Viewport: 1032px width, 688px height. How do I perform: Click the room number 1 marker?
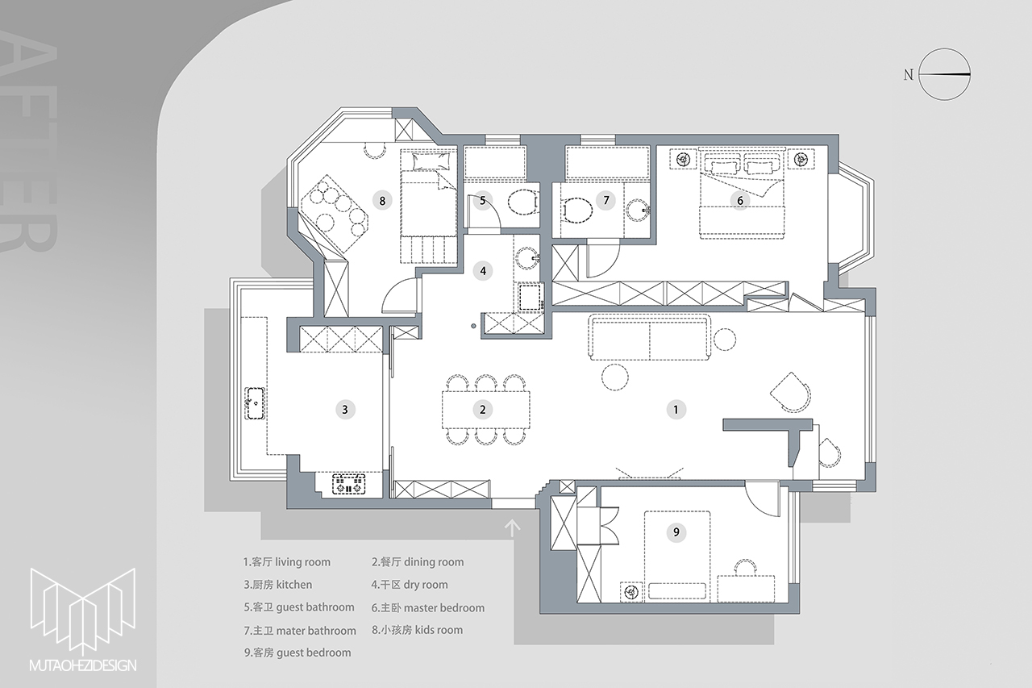pyautogui.click(x=676, y=409)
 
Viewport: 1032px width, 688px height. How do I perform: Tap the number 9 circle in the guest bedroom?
pyautogui.click(x=676, y=532)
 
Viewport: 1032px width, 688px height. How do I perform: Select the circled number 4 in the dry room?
pyautogui.click(x=483, y=270)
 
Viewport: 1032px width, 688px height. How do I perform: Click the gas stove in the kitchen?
pyautogui.click(x=349, y=484)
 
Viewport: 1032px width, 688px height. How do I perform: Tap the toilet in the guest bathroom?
pyautogui.click(x=523, y=202)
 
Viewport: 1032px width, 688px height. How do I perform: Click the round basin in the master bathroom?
pyautogui.click(x=638, y=211)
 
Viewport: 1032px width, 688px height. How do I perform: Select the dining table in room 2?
pyautogui.click(x=486, y=410)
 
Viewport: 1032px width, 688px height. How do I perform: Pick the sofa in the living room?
pyautogui.click(x=649, y=337)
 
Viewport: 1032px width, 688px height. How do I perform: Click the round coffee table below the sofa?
pyautogui.click(x=614, y=377)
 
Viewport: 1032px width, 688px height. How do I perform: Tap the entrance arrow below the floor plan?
pyautogui.click(x=512, y=528)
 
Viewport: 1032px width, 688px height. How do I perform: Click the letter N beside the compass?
pyautogui.click(x=908, y=75)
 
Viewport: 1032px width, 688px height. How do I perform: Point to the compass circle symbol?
pyautogui.click(x=944, y=74)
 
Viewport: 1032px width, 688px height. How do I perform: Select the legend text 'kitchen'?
pyautogui.click(x=294, y=585)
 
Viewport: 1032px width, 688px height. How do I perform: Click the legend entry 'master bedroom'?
pyautogui.click(x=444, y=608)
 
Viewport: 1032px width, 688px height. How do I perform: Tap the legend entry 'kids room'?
pyautogui.click(x=439, y=630)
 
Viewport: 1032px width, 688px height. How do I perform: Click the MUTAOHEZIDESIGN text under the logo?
pyautogui.click(x=83, y=665)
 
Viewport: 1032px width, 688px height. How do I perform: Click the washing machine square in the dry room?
pyautogui.click(x=530, y=296)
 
